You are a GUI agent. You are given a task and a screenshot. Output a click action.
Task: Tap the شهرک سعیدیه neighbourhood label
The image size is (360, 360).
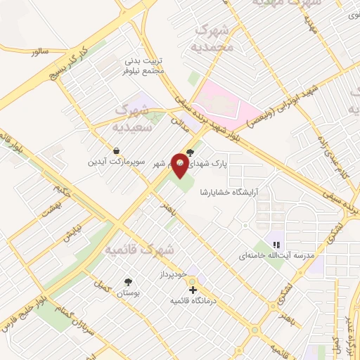[x=136, y=117]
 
